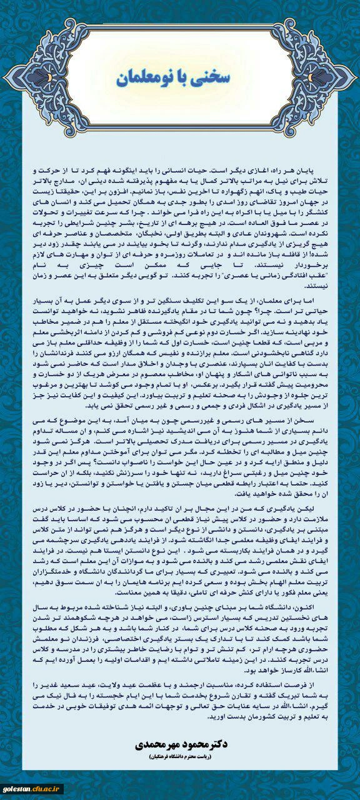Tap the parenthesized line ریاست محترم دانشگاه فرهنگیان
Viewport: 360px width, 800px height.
click(x=180, y=757)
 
